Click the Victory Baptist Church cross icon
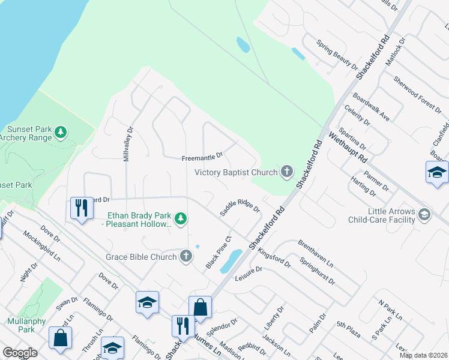click(x=287, y=173)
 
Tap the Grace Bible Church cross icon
click(x=186, y=257)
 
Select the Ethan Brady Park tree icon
click(x=179, y=216)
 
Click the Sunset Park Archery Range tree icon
click(x=60, y=131)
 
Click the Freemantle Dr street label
click(x=202, y=157)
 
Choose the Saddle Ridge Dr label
click(x=240, y=205)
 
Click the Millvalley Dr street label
click(x=128, y=141)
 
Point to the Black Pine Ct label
click(x=219, y=253)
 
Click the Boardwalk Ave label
click(x=371, y=107)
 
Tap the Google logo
click(x=20, y=353)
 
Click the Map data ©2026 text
click(x=423, y=355)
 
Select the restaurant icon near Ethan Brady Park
click(x=79, y=208)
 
